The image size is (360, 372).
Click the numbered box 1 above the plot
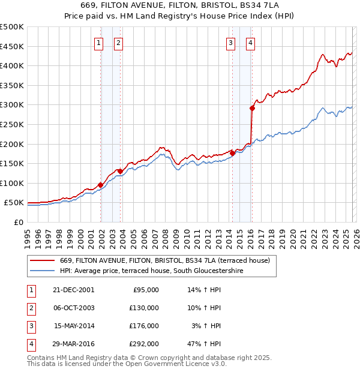coord(98,42)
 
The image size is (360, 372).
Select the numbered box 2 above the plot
coord(118,42)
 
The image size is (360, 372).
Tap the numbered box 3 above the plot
coord(230,42)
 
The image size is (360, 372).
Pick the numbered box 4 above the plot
coord(250,42)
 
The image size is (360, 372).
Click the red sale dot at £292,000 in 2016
coord(252,108)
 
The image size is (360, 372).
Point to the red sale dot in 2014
coord(232,153)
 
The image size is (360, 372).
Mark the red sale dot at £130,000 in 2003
coord(120,171)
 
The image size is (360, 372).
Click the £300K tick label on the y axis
coord(12,105)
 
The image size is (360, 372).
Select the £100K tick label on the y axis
coord(12,183)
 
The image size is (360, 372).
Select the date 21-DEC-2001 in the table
coord(73,290)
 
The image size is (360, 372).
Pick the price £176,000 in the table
coord(144,326)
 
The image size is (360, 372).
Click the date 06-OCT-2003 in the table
coord(73,308)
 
